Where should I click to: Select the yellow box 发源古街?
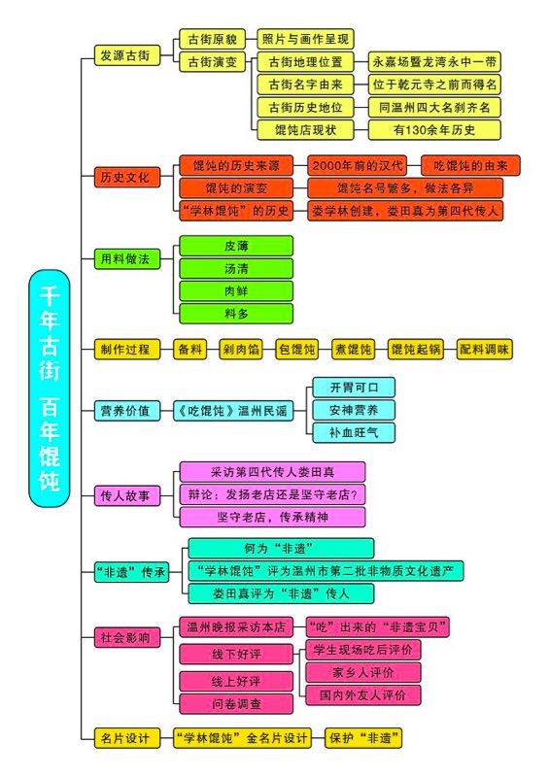pos(127,55)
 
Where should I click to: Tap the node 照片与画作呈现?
pos(305,39)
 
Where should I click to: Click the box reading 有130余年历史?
pos(434,130)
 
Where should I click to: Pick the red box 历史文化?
pos(127,177)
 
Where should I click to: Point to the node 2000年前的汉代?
pos(357,165)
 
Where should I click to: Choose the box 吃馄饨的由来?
pos(470,165)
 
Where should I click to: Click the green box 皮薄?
pos(236,246)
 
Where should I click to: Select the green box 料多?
pos(236,314)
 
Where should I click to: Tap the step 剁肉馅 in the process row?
pos(241,350)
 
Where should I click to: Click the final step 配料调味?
pos(485,350)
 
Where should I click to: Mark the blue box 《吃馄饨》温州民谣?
pos(233,411)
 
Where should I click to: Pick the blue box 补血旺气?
pos(354,432)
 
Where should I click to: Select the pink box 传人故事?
pos(127,495)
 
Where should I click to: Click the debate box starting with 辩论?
pos(272,494)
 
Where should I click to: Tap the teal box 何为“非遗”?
pos(281,549)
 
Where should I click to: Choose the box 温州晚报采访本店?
pos(236,627)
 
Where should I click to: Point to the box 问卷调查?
pos(236,703)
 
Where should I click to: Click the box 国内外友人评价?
pos(363,694)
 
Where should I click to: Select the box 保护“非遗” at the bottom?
pos(363,738)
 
